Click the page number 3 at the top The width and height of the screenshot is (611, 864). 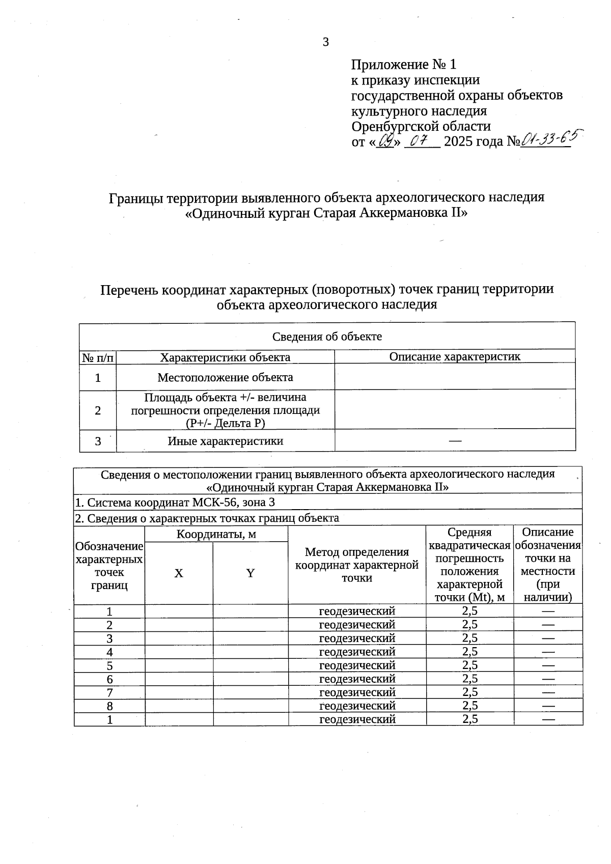pos(326,42)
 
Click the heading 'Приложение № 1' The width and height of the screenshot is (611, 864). pos(403,65)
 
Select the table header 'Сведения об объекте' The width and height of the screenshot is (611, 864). pos(327,337)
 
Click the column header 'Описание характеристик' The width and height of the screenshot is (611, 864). pos(455,356)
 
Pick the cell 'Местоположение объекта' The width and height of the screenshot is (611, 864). pos(225,377)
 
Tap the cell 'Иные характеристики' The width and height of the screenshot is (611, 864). pos(225,441)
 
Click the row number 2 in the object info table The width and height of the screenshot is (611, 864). pos(98,410)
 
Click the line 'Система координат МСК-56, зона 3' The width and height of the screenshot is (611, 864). pos(175,503)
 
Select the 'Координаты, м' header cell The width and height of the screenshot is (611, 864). pos(216,534)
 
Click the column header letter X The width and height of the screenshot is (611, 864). pos(179,573)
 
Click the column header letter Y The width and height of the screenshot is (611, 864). pos(250,573)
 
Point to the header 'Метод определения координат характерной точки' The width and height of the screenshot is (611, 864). pos(356,565)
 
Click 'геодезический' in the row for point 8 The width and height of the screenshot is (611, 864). pos(357,706)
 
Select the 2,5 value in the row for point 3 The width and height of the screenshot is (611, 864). pos(469,638)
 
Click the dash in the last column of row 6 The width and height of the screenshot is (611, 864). pos(548,679)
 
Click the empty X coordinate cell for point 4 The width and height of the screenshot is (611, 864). pos(179,652)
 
